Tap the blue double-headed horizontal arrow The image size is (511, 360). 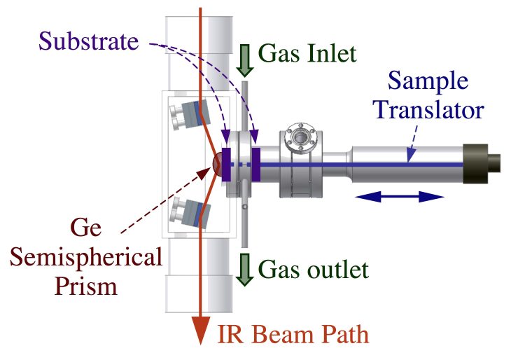(400, 198)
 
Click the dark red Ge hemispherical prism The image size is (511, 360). (217, 163)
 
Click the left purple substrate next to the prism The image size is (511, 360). (226, 165)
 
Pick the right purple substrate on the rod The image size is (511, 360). (256, 165)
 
